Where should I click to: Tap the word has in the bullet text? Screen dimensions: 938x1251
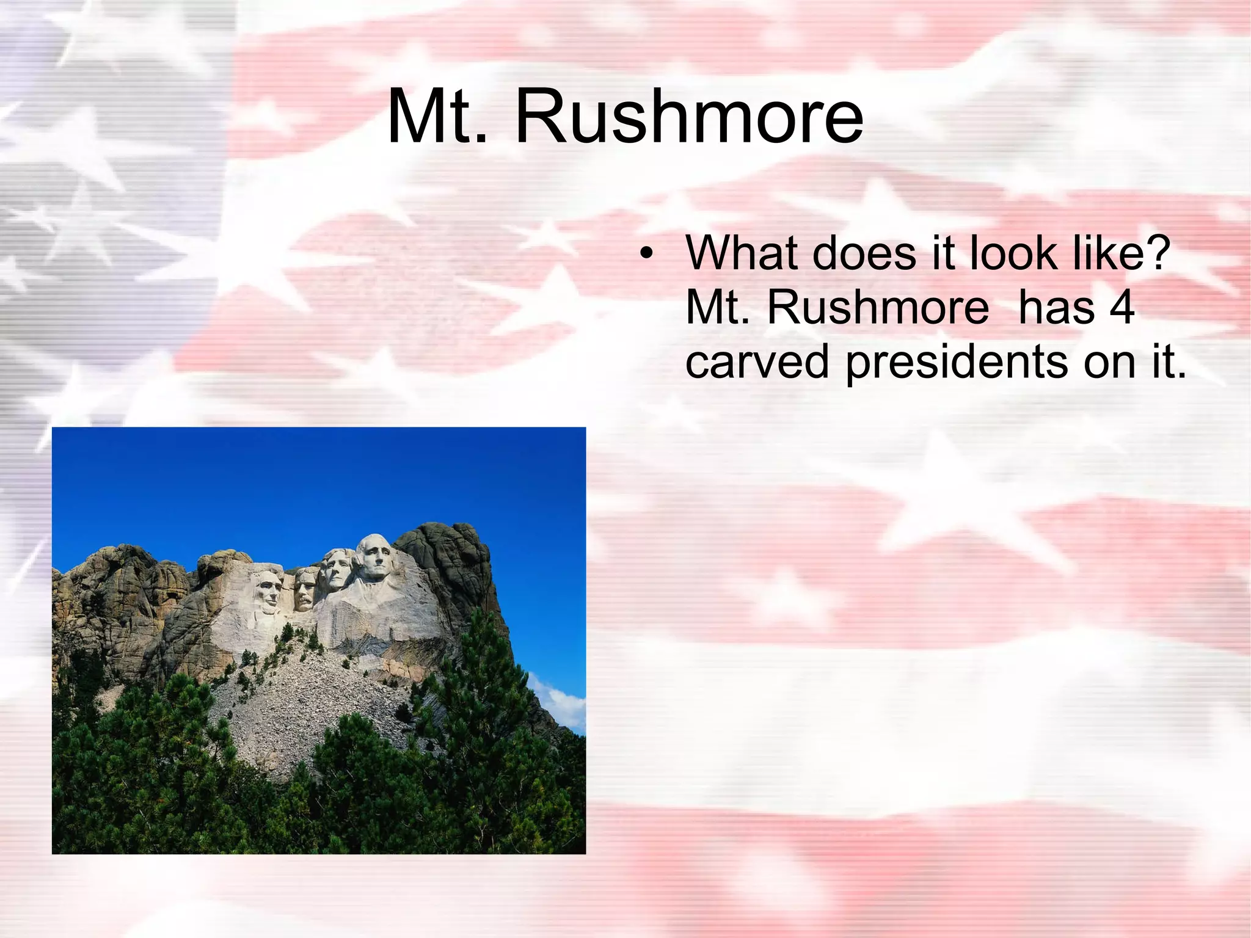tap(1056, 307)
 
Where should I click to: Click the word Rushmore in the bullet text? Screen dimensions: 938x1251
tap(877, 307)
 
